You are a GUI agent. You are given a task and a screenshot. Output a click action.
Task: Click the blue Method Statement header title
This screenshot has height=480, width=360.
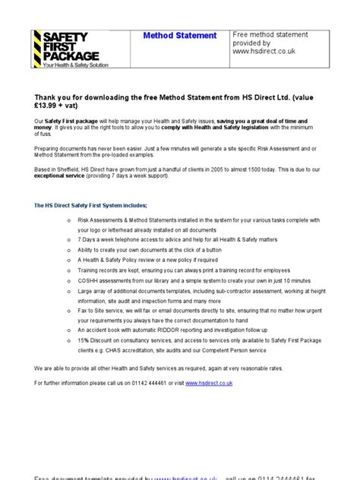click(x=180, y=36)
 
